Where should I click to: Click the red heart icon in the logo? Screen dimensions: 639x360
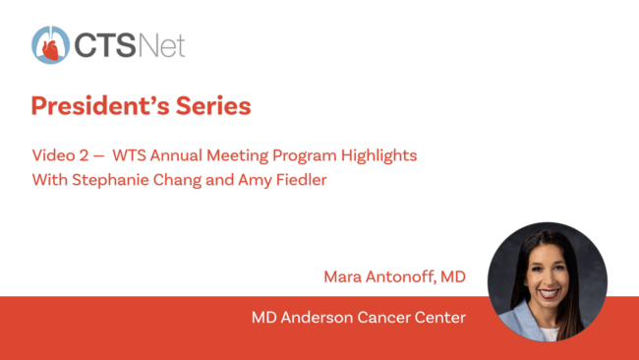[x=50, y=50]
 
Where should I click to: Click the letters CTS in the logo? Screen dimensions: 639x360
[x=105, y=45]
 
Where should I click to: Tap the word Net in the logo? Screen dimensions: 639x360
[x=162, y=45]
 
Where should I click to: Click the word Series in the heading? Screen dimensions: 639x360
[x=213, y=106]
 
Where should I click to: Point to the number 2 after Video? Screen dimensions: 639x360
[x=84, y=155]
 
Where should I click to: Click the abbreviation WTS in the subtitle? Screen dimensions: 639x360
[x=129, y=155]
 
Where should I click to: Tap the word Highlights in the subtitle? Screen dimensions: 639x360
[x=379, y=155]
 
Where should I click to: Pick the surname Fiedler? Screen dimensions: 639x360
[x=302, y=180]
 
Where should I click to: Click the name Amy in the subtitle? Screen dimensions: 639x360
[x=255, y=181]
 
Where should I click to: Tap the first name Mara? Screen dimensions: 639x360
[x=343, y=276]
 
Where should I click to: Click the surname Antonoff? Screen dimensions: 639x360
[x=401, y=276]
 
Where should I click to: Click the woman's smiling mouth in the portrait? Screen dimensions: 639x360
[x=549, y=293]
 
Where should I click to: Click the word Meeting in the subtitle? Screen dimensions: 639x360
[x=237, y=155]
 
